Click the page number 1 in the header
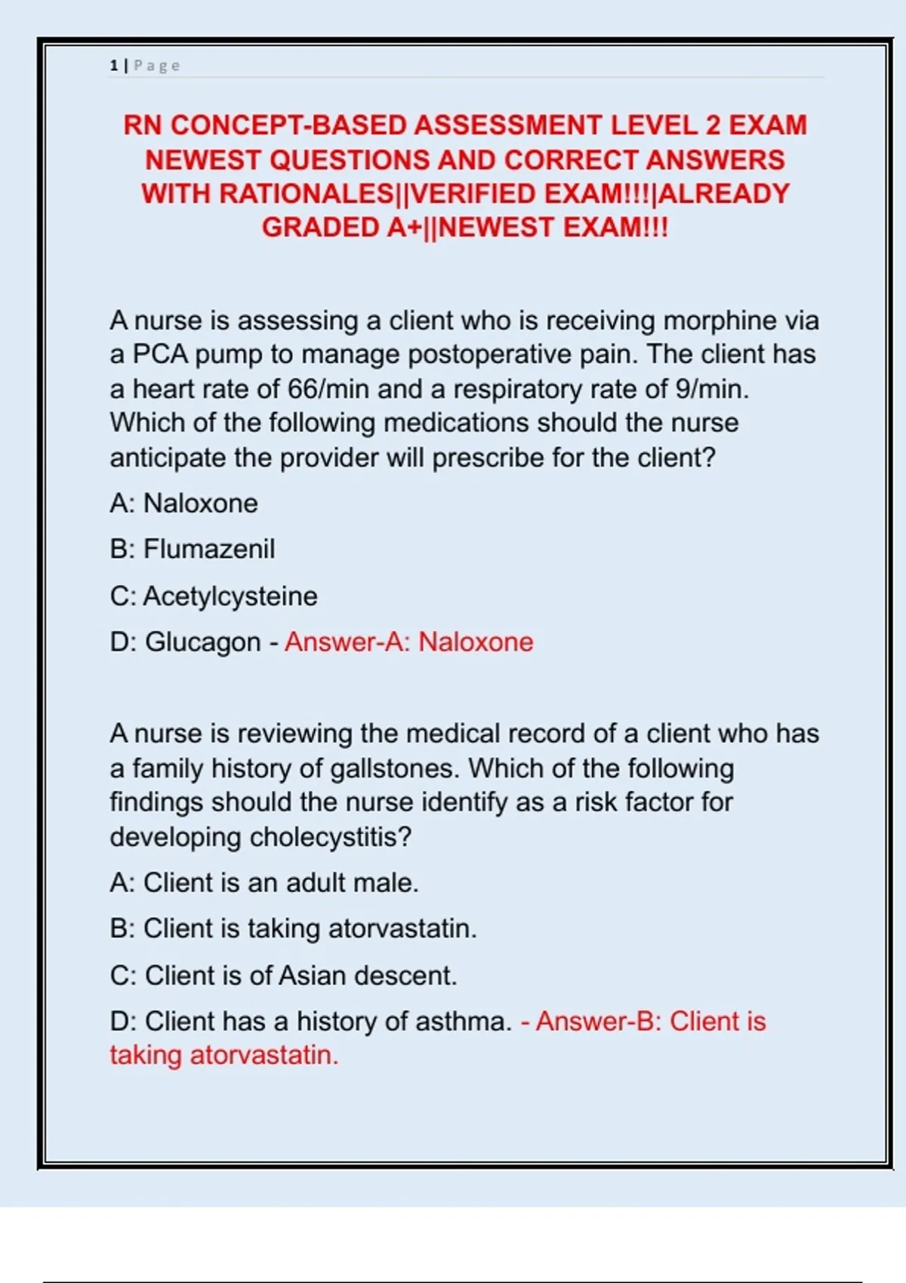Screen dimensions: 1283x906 pyautogui.click(x=113, y=66)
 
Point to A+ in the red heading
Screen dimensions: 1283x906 pyautogui.click(x=402, y=227)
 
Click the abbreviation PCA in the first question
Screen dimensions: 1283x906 pyautogui.click(x=160, y=355)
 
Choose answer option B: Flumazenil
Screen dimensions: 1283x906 pyautogui.click(x=193, y=549)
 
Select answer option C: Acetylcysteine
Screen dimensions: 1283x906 pyautogui.click(x=214, y=596)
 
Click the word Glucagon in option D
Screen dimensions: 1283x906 pyautogui.click(x=202, y=642)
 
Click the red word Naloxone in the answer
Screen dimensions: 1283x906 pyautogui.click(x=476, y=642)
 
